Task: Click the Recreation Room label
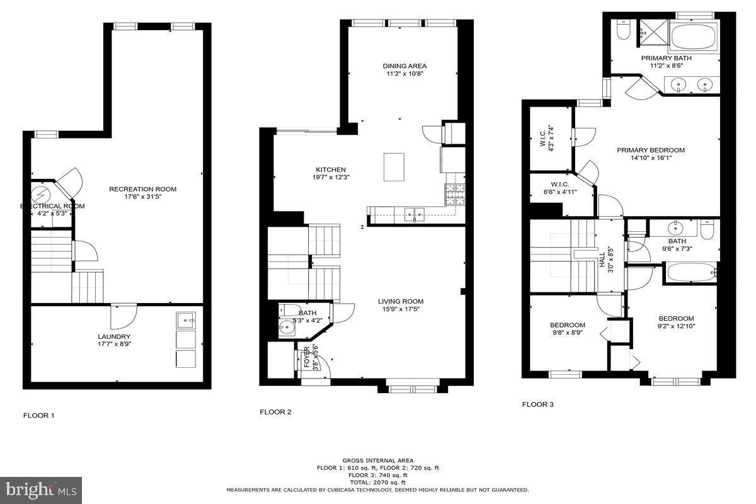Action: (x=142, y=189)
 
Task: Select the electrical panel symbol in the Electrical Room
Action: (x=42, y=192)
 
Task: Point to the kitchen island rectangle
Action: (x=394, y=167)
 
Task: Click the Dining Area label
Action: (x=404, y=66)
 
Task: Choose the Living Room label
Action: (x=401, y=301)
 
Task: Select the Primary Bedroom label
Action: (x=650, y=150)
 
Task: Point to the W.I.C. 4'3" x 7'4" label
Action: (x=546, y=138)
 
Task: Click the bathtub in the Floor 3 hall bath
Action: (x=690, y=273)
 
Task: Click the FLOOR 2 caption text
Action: (x=275, y=412)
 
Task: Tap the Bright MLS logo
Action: (x=41, y=489)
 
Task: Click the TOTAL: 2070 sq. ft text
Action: (x=378, y=482)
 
